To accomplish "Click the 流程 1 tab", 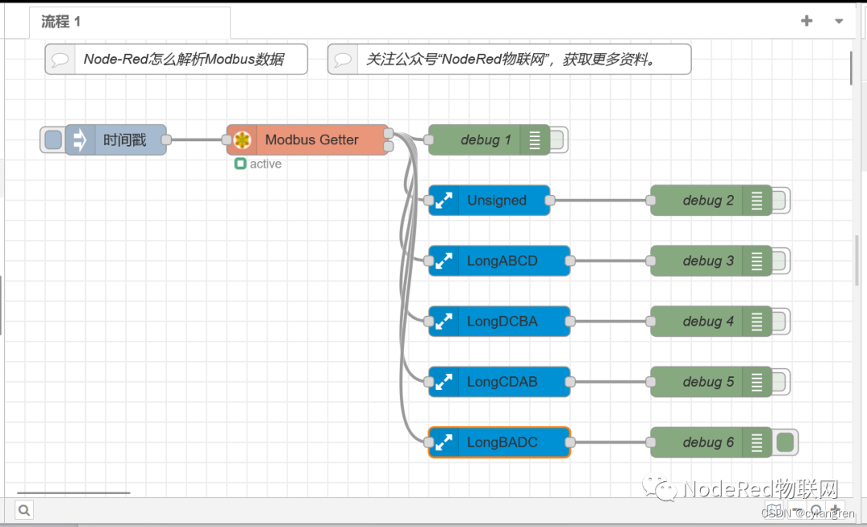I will click(62, 22).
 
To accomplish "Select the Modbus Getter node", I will click(311, 140).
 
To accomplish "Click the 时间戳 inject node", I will click(124, 140).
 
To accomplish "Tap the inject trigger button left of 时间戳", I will click(53, 140).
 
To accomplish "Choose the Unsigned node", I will click(496, 201).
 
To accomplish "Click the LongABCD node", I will click(502, 261).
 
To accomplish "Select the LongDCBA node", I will click(502, 322).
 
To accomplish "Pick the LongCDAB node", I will click(502, 382).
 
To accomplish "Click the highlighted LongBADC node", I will click(502, 442).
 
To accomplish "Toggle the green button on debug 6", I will click(785, 442).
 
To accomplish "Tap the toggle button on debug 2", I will click(779, 201).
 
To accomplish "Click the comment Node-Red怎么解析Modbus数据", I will click(183, 59).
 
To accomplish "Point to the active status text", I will click(265, 164).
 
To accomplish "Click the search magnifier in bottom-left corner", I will click(24, 510).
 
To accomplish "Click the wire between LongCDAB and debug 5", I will click(610, 382).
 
